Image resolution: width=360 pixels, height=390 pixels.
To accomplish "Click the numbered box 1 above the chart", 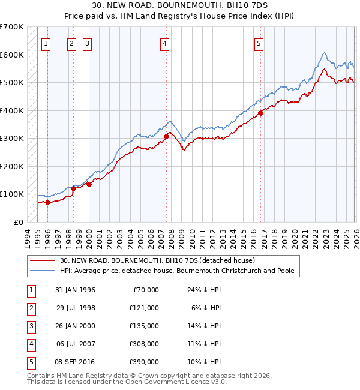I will point(47,43).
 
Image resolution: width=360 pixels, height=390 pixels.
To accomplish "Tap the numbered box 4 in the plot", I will point(164,43).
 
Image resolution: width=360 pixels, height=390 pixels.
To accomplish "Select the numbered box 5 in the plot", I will point(259,43).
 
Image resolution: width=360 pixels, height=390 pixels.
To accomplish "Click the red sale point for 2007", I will point(166,136).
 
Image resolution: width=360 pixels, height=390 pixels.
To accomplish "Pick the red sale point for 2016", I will point(261,113).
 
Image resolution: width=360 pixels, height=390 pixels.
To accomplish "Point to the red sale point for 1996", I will point(47,202).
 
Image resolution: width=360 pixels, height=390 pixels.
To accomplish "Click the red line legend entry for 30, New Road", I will point(157,260).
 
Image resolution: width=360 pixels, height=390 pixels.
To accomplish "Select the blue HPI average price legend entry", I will point(176,271).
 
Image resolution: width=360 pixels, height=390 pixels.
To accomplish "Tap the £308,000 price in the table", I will point(144,344).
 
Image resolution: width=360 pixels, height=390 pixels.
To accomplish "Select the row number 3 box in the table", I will point(30,326).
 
